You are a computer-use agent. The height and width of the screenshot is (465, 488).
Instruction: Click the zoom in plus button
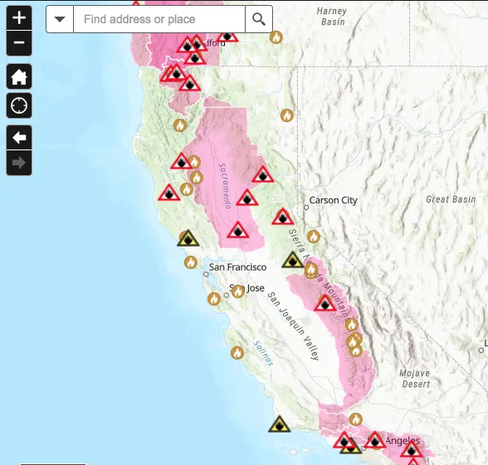click(x=19, y=17)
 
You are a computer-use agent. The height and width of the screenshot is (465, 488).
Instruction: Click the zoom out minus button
click(x=19, y=42)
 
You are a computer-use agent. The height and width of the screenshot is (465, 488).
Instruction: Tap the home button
click(x=19, y=77)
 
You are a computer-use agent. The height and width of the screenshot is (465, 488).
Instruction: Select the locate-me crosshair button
click(x=19, y=105)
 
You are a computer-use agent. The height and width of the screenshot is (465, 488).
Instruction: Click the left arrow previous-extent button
click(x=19, y=137)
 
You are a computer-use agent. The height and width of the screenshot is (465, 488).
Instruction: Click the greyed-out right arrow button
click(x=19, y=163)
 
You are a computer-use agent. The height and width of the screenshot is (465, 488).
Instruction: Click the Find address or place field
click(x=159, y=19)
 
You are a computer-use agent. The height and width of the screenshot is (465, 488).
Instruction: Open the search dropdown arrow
click(x=60, y=19)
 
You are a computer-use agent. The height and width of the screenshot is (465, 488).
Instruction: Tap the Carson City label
click(x=333, y=200)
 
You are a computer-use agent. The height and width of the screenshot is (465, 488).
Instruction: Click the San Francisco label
click(x=237, y=267)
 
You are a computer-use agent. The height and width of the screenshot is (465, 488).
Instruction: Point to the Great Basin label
click(x=451, y=199)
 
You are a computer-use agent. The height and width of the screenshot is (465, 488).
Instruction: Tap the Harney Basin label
click(x=331, y=16)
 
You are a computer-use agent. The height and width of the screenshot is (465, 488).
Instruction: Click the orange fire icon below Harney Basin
click(x=276, y=37)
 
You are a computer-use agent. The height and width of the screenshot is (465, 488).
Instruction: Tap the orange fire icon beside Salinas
click(x=237, y=353)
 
